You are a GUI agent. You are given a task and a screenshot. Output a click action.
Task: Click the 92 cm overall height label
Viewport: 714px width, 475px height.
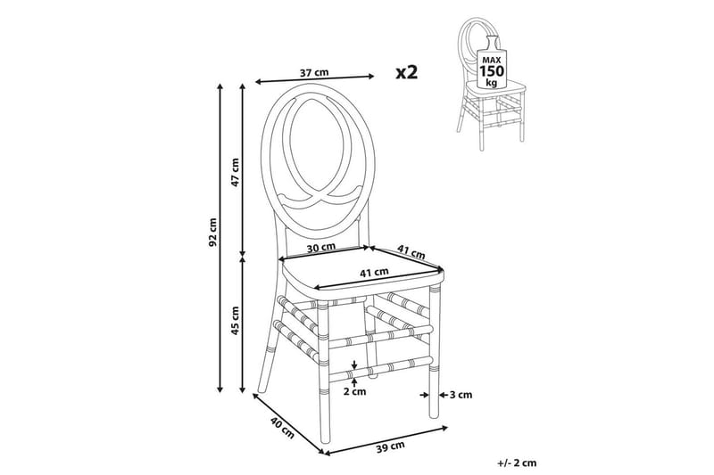(213, 232)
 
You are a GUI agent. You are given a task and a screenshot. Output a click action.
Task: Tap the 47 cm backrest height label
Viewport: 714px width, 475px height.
(235, 172)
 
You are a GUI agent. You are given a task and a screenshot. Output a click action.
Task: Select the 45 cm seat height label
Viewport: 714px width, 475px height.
(235, 321)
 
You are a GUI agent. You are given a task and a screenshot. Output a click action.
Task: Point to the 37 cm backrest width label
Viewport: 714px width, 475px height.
(314, 72)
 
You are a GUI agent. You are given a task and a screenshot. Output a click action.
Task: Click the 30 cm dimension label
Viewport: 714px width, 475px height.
(321, 248)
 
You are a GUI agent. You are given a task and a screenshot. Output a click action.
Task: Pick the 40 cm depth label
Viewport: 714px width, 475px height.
(282, 428)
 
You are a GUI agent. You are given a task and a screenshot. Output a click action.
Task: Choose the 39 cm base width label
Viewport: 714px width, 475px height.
(391, 447)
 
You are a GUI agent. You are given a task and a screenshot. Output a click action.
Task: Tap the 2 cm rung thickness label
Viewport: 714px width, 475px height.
(354, 391)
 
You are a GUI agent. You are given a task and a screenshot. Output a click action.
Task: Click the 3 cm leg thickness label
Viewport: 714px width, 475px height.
(461, 395)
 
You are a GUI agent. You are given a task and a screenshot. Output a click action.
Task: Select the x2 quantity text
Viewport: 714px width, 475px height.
(407, 72)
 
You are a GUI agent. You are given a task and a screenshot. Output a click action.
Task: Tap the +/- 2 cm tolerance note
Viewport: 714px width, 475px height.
(518, 463)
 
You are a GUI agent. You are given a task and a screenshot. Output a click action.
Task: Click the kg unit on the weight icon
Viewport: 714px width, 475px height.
(492, 82)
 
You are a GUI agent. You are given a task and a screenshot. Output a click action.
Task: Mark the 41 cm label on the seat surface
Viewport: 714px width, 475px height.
(374, 273)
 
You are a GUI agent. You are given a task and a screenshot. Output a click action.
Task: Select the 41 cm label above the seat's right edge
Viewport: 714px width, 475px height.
(411, 252)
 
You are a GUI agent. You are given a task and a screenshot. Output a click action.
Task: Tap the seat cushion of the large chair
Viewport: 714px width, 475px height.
(362, 273)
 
